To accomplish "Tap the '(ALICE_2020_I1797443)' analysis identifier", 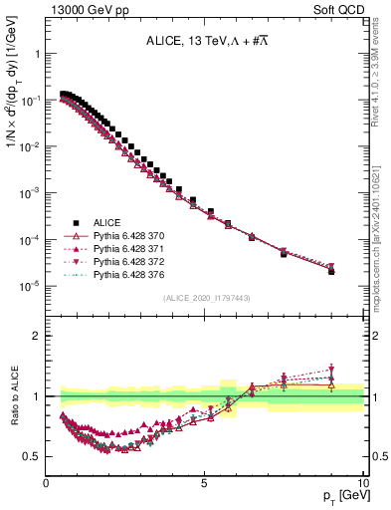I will click(x=205, y=299).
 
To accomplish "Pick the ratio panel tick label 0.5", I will click(x=30, y=456).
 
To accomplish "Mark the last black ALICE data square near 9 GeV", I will click(x=331, y=271).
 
